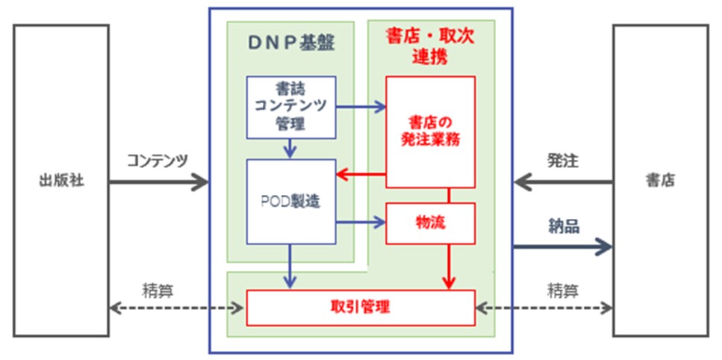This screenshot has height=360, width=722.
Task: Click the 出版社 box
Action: (61, 181)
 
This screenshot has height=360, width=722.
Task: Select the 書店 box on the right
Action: (659, 181)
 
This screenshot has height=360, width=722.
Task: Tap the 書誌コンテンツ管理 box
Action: (290, 107)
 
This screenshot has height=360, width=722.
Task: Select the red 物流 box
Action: (430, 223)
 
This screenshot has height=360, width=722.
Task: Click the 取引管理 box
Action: (361, 307)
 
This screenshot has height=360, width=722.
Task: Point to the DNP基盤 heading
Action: (290, 43)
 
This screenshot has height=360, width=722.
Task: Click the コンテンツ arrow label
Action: (158, 160)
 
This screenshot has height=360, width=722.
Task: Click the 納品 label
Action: (563, 226)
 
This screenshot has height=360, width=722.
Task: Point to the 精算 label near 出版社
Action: (158, 289)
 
